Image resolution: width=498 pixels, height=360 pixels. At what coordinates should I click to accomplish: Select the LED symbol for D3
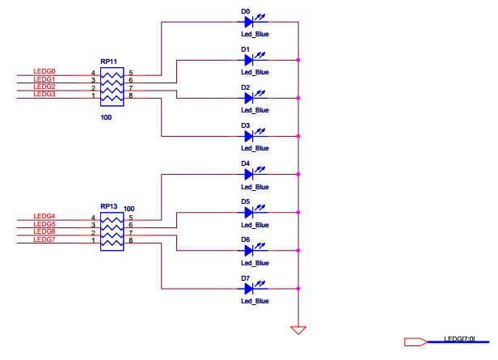tap(251, 137)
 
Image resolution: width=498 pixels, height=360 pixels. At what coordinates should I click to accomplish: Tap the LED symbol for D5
tap(251, 213)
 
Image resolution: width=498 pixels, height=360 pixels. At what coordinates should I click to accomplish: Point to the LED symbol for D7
tap(251, 288)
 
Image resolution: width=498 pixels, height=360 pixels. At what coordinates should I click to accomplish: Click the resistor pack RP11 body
tap(112, 85)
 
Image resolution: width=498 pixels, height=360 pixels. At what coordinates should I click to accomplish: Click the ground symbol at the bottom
tap(298, 329)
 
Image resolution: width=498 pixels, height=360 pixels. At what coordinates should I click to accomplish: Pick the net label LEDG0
tap(44, 72)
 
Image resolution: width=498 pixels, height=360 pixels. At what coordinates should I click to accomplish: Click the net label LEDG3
tap(44, 94)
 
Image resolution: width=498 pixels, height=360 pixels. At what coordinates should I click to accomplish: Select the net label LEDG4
tap(44, 216)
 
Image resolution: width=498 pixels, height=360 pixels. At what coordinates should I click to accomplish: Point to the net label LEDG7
tap(44, 239)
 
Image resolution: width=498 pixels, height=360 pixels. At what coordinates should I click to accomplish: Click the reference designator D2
tap(245, 87)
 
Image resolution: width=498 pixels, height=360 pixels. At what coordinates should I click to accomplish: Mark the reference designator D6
tap(245, 239)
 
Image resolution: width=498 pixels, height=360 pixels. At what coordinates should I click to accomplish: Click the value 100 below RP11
tap(106, 118)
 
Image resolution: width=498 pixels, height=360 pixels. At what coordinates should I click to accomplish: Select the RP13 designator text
tap(109, 207)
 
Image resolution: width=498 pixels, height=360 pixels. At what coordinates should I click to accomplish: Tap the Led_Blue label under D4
tap(254, 187)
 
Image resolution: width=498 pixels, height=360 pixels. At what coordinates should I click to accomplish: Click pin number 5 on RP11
tap(130, 73)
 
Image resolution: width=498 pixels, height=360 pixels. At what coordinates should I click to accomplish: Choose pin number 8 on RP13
tap(130, 240)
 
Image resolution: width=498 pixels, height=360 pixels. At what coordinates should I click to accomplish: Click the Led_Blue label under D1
tap(254, 72)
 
